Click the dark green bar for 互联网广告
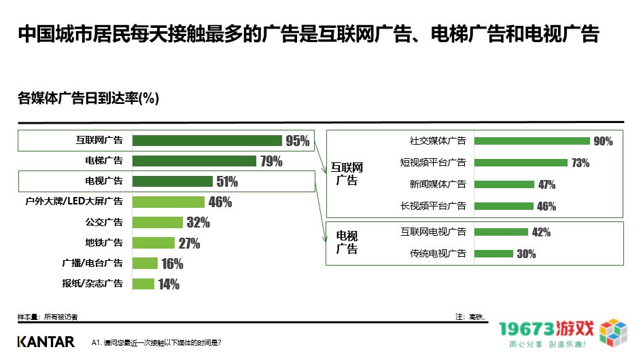(207, 141)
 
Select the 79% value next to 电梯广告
(271, 162)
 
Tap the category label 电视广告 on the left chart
(103, 181)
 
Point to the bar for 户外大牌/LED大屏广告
(168, 202)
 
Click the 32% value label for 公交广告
(198, 223)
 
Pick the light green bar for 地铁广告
(153, 243)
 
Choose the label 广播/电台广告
(92, 264)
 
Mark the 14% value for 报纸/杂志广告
(169, 285)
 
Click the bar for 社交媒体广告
(532, 141)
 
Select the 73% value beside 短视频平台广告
(580, 163)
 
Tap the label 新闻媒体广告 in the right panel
(437, 185)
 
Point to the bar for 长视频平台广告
(503, 206)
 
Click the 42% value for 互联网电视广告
(541, 232)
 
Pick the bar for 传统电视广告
(493, 254)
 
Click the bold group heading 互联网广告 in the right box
(347, 173)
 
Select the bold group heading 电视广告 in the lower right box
(347, 242)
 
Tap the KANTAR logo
(46, 342)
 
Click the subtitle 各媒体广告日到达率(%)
(88, 98)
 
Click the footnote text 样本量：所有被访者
(48, 317)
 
